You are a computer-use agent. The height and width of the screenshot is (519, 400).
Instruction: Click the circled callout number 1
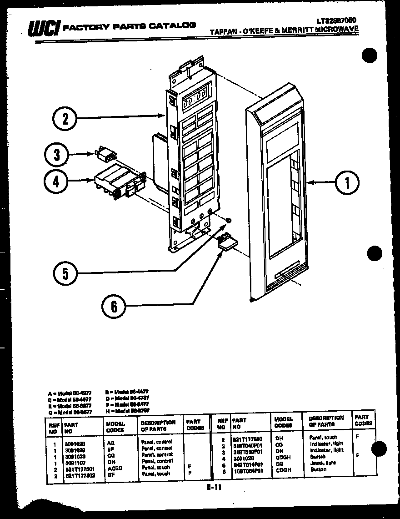pos(347,183)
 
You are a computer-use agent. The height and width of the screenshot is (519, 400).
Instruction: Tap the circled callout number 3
pos(57,155)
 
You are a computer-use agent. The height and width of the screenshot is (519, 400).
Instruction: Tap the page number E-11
pos(213,487)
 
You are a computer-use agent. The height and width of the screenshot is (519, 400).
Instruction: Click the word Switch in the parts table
pos(317,457)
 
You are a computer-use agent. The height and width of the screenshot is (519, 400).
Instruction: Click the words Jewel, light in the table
pos(323,463)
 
